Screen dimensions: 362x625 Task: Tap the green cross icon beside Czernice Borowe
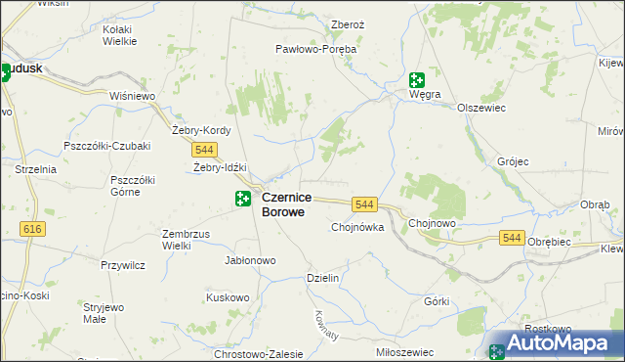point(242,200)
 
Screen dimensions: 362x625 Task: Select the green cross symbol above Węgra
point(417,80)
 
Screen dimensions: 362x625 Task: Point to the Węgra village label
point(426,95)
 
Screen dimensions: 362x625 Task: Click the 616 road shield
point(33,228)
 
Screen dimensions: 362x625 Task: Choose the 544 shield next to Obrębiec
point(511,238)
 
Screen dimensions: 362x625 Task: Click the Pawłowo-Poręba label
point(315,48)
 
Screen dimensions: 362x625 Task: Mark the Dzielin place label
point(322,278)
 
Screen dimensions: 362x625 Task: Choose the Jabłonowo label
point(251,261)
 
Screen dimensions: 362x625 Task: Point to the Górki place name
point(436,300)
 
